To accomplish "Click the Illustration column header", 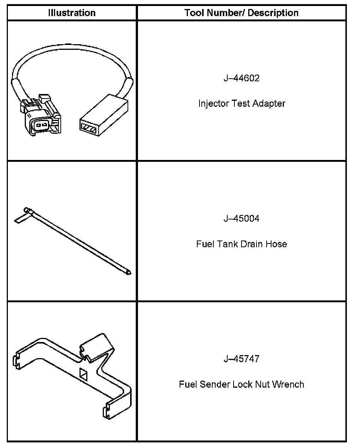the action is [x=72, y=13].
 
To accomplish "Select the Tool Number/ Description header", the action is [x=241, y=13].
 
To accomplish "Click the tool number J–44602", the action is [x=241, y=79].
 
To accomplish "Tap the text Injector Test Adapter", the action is [x=241, y=103].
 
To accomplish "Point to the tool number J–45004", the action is [x=241, y=219].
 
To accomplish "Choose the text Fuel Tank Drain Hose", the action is [x=241, y=244].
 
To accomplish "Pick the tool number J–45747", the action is [x=241, y=359].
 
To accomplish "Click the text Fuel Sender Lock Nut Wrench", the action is [x=241, y=384].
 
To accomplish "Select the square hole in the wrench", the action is [x=83, y=372].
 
